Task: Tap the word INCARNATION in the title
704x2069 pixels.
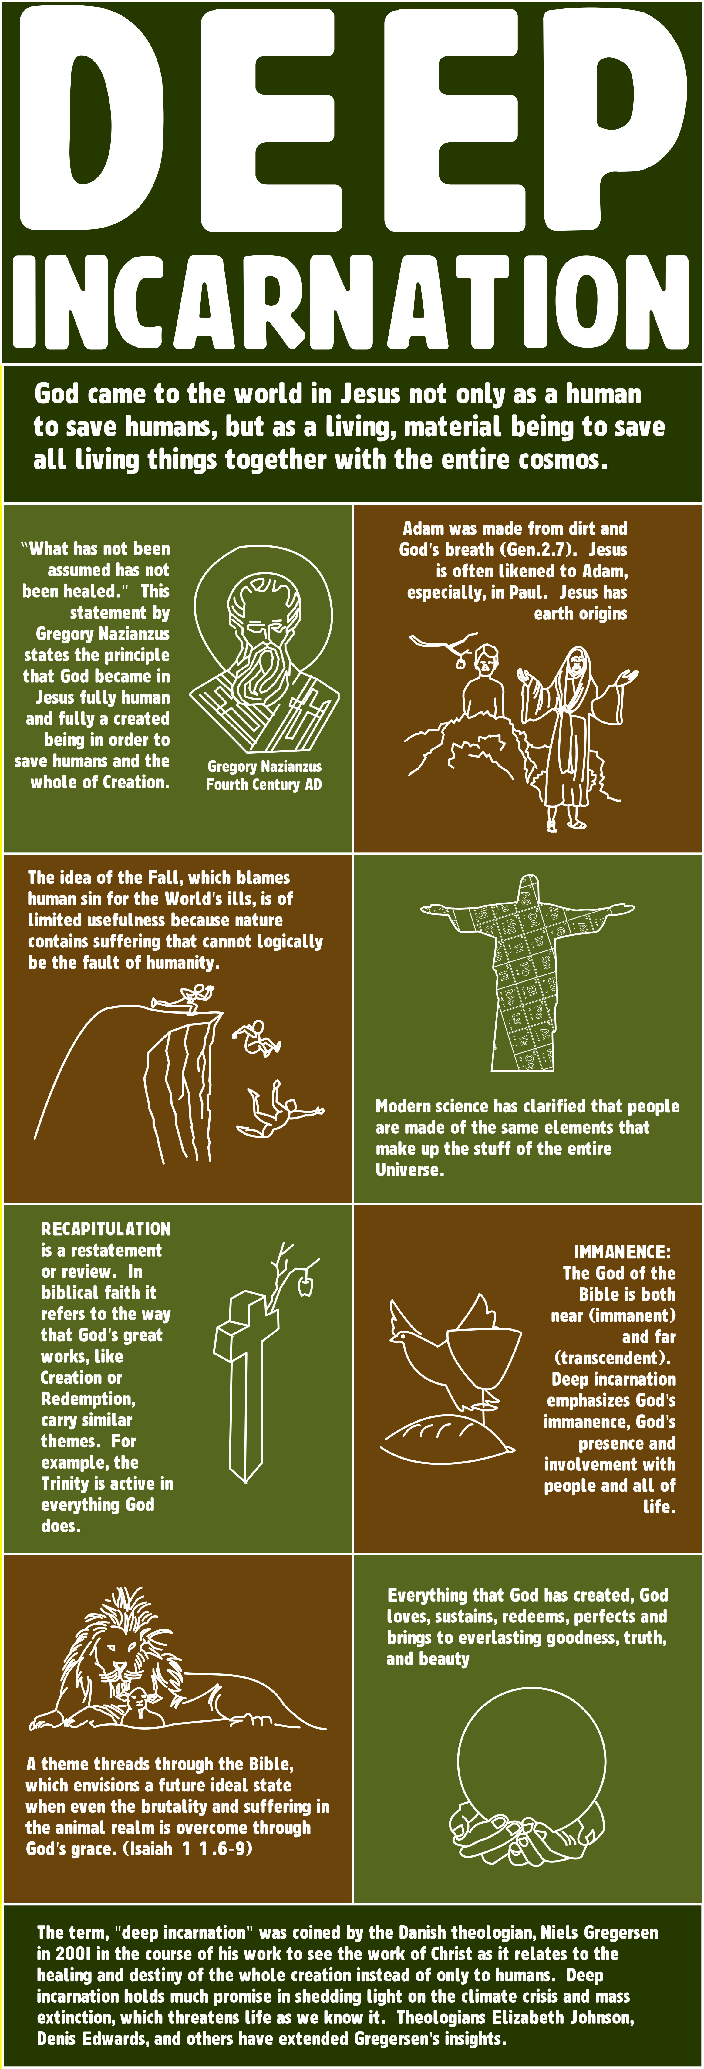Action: (x=352, y=301)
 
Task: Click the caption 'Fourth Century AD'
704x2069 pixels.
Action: (x=264, y=785)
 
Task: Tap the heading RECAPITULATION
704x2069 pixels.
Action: (x=106, y=1229)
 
